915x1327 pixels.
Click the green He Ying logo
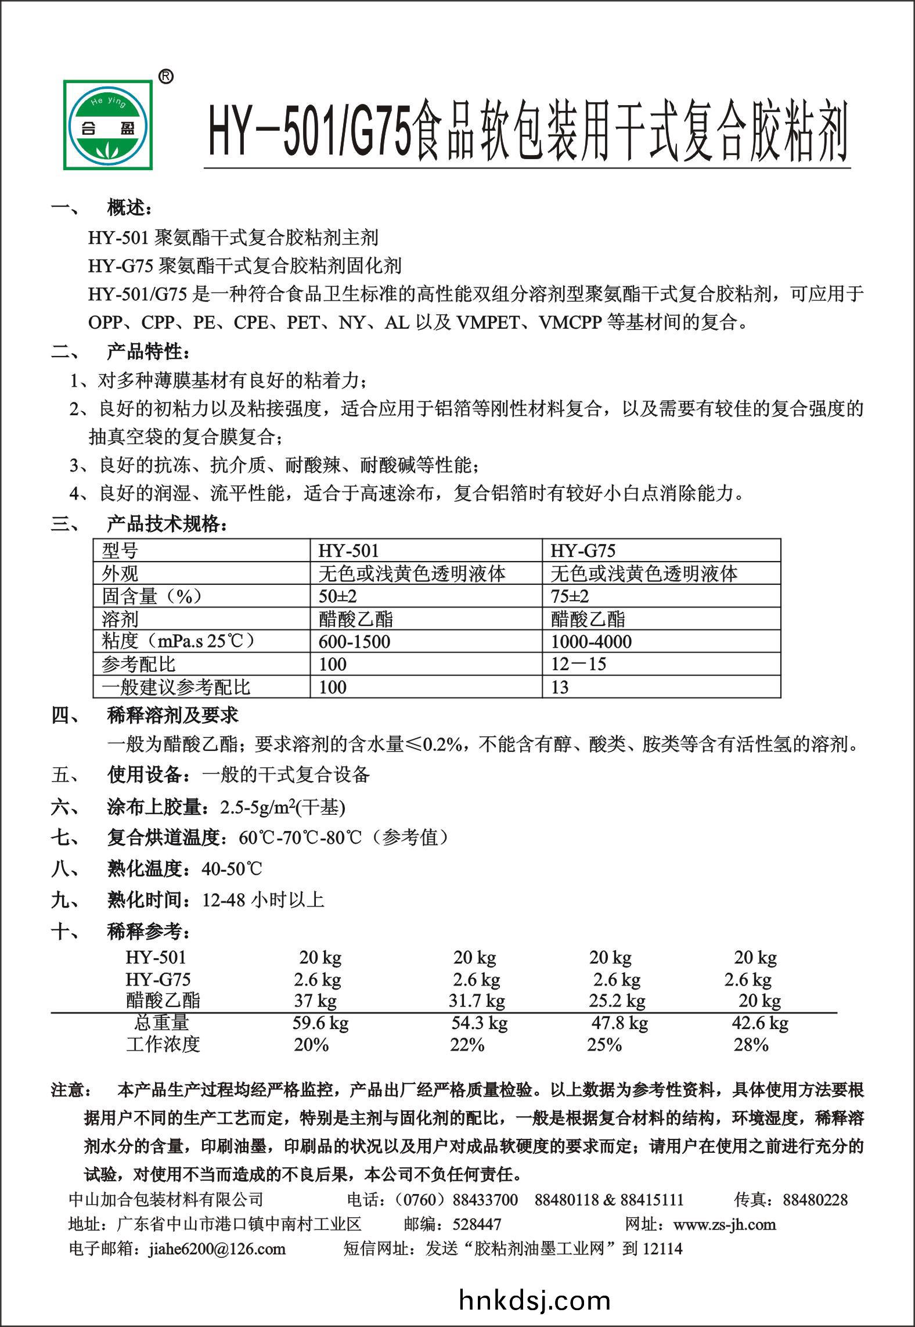pyautogui.click(x=109, y=125)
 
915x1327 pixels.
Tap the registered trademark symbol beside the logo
pyautogui.click(x=165, y=77)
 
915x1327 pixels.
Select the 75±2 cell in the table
pyautogui.click(x=570, y=596)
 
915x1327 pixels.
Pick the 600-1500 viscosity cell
pyautogui.click(x=354, y=642)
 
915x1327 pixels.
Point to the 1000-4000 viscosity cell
pyautogui.click(x=591, y=642)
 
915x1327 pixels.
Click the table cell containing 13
pyautogui.click(x=560, y=687)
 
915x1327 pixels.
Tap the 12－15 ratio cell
pyautogui.click(x=578, y=664)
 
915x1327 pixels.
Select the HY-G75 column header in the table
pyautogui.click(x=582, y=551)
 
